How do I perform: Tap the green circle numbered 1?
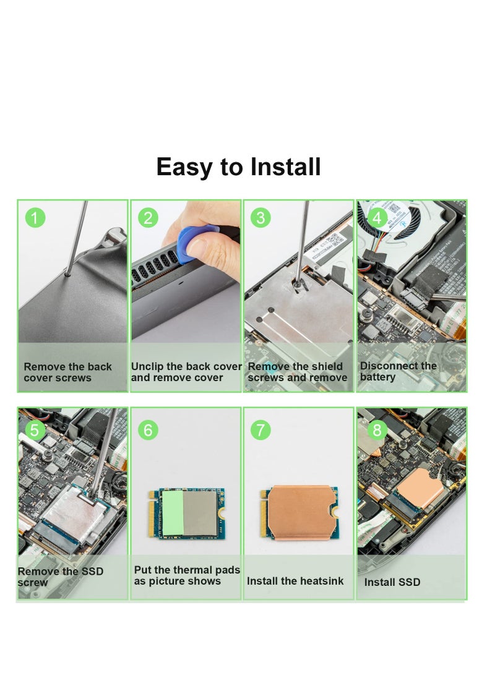coord(35,218)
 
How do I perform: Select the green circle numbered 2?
coord(148,218)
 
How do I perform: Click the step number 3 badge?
coord(260,218)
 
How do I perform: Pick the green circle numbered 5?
coord(35,429)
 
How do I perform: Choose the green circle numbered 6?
coord(148,429)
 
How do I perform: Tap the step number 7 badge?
coord(260,429)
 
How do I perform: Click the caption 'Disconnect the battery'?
coord(398,371)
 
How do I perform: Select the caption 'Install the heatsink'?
coord(295,581)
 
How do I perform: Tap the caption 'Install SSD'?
coord(392,582)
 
